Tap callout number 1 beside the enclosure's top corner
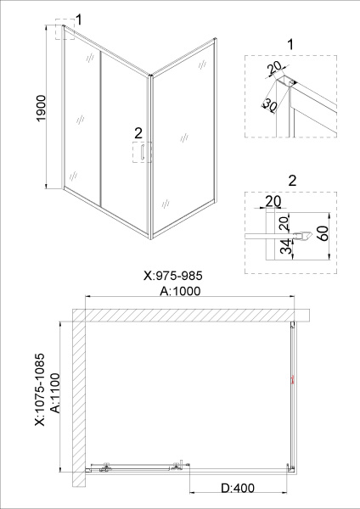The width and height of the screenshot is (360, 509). pyautogui.click(x=79, y=18)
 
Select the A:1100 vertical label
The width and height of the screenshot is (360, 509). pyautogui.click(x=55, y=393)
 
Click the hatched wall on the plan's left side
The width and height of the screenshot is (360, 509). pyautogui.click(x=79, y=399)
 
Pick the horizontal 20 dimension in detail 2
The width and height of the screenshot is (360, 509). pyautogui.click(x=273, y=201)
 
